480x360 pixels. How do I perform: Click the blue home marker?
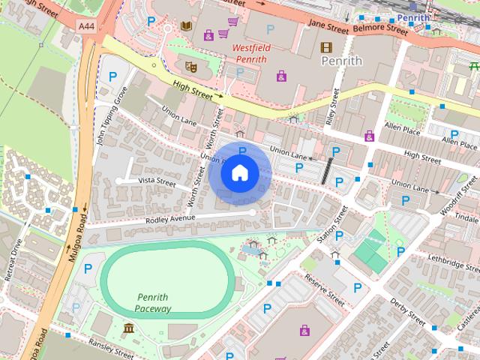[x=239, y=173]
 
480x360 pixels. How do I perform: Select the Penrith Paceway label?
[x=154, y=302]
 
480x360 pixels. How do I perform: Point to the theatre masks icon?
[x=190, y=67]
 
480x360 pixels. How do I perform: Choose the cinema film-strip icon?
[x=325, y=47]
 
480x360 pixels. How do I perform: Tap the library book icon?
[x=186, y=28]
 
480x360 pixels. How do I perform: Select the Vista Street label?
[x=157, y=182]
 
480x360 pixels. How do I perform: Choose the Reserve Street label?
[x=325, y=290]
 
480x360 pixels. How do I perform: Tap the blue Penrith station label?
[x=413, y=17]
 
